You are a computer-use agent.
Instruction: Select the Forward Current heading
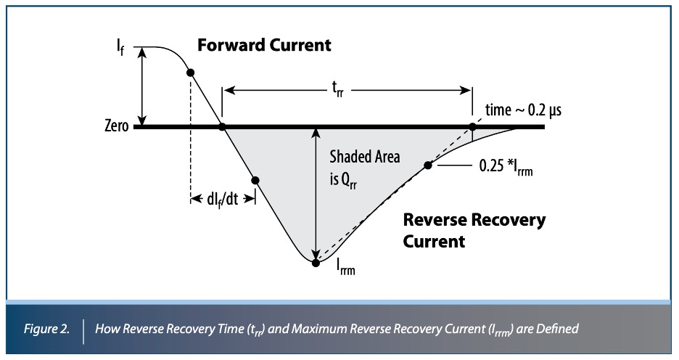coord(265,45)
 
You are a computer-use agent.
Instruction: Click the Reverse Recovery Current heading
coord(474,230)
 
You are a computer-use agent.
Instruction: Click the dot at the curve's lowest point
coord(316,263)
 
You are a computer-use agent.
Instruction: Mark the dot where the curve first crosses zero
coord(223,127)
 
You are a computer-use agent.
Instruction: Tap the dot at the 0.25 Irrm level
coord(428,165)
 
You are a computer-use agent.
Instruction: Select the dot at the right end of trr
coord(473,127)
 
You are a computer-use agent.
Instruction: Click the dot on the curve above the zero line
coord(191,73)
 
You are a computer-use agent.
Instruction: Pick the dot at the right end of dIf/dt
coord(255,180)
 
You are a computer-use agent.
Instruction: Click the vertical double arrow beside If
coord(144,87)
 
